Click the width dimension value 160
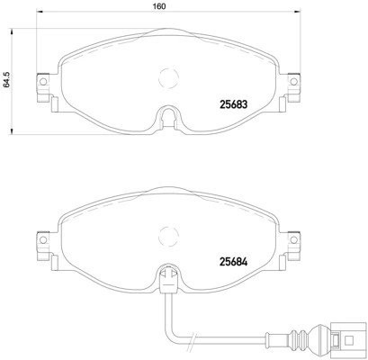(x=158, y=5)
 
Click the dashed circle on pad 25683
(x=166, y=78)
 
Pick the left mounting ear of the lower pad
(x=40, y=243)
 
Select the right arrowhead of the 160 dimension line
(x=297, y=13)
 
